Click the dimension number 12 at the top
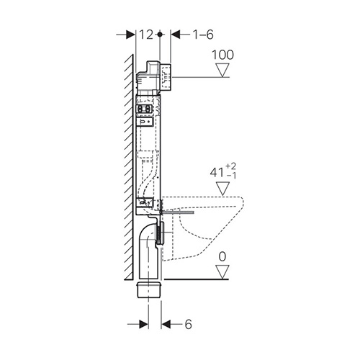tap(146, 35)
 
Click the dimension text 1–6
tap(203, 35)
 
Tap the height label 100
tap(222, 55)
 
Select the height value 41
tap(217, 172)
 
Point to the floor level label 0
tap(222, 257)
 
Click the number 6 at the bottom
tap(189, 324)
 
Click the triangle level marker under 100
tap(222, 70)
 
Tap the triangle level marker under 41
tap(222, 189)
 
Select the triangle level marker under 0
tap(222, 272)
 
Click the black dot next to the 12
tap(160, 35)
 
